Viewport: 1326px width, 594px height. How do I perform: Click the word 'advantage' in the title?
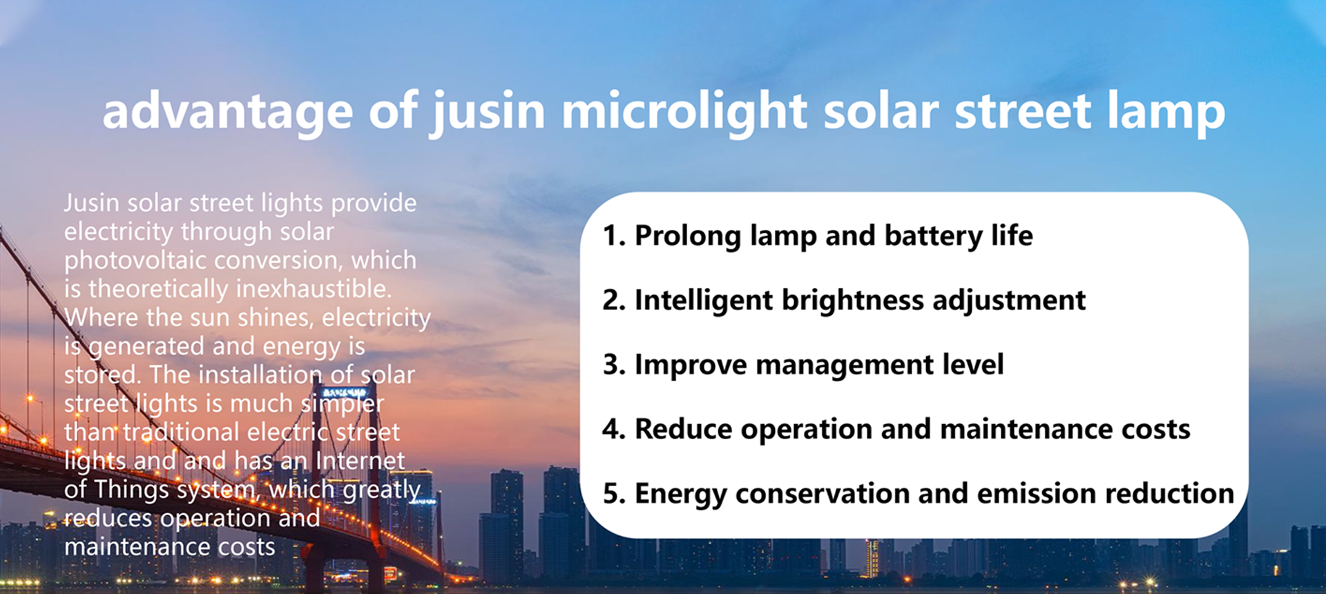click(228, 112)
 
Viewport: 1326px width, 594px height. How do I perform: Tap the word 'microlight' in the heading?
click(684, 112)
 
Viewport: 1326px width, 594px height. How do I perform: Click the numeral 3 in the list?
click(613, 365)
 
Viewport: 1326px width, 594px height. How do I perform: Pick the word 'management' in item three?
click(845, 365)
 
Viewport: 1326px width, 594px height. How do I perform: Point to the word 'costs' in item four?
click(1156, 430)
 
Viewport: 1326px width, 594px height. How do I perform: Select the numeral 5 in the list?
click(613, 494)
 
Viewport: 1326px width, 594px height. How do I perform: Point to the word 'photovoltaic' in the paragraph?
click(137, 260)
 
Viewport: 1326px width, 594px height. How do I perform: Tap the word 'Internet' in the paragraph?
click(361, 461)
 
